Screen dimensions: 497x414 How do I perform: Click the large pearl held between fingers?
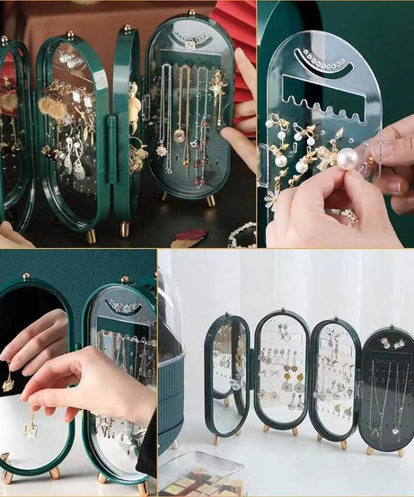[348, 160]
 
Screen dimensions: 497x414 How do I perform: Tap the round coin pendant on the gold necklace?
[179, 136]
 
